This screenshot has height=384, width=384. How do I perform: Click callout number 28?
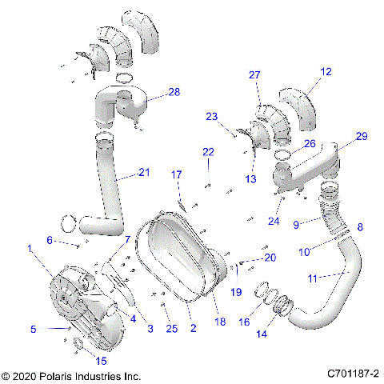point(174,92)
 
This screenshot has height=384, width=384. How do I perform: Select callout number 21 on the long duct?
point(144,171)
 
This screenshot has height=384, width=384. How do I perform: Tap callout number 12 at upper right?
point(326,71)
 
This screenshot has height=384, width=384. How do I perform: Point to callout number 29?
point(362,137)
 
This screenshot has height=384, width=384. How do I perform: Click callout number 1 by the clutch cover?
point(31,250)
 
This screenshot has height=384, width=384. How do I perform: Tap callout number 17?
point(177,174)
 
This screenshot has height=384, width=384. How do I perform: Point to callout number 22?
point(208,152)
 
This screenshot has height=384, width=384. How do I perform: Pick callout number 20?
point(269,258)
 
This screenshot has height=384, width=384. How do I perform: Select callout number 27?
point(254,74)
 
